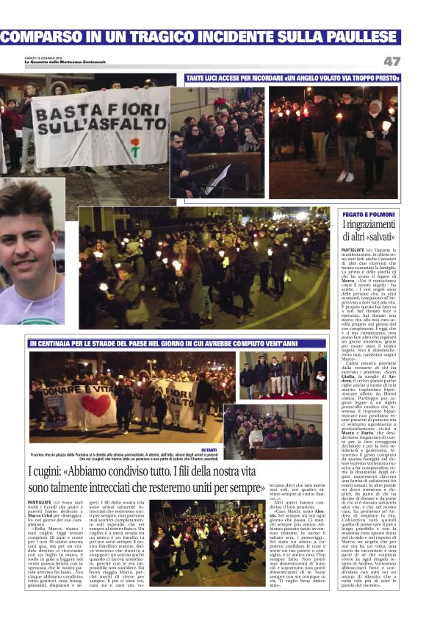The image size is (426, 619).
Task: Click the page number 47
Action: point(391,61)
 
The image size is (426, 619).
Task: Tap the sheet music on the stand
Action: point(219,177)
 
